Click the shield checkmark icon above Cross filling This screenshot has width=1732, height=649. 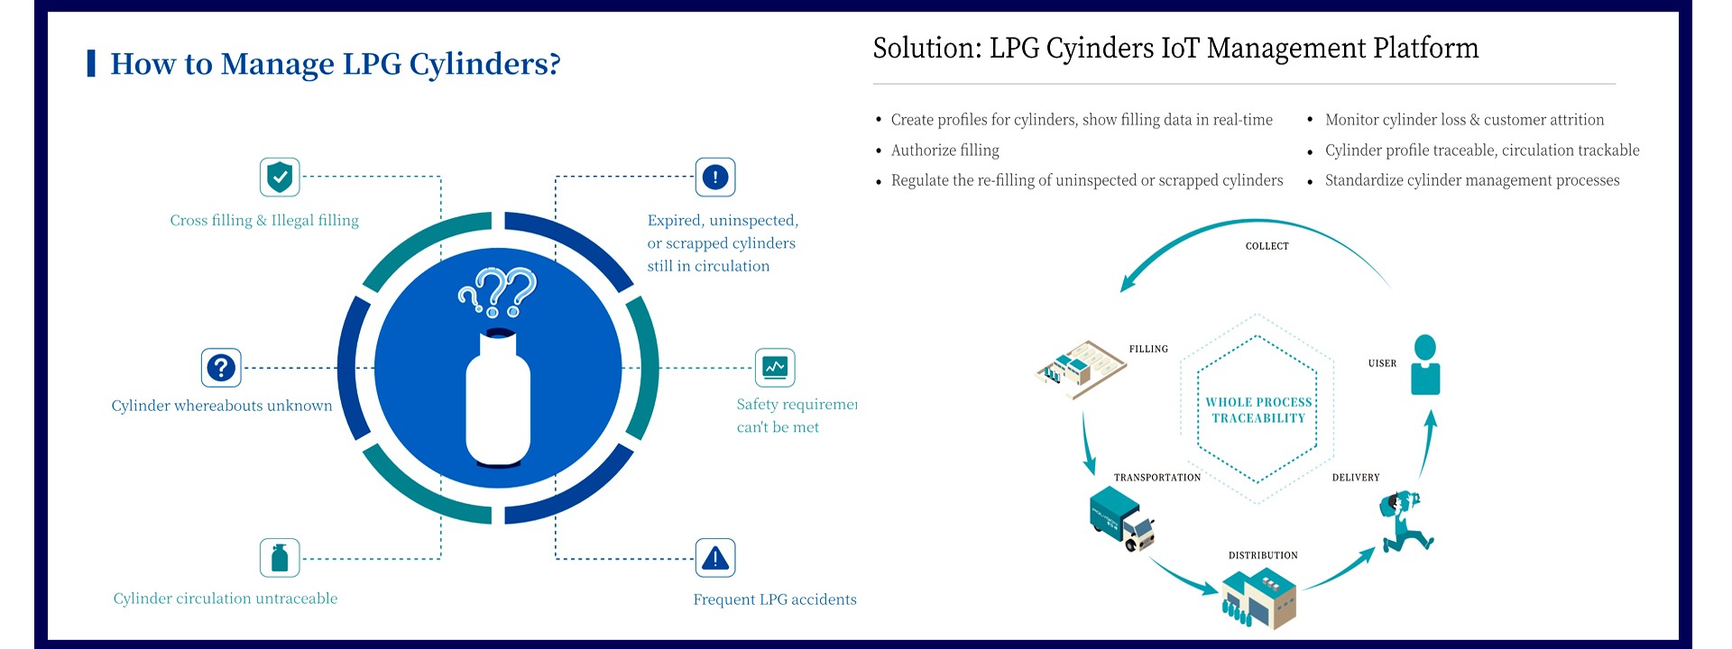[x=280, y=177]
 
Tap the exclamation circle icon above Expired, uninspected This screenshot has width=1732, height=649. [x=714, y=177]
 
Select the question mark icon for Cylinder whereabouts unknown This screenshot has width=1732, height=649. [x=221, y=368]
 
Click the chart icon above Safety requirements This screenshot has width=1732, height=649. [x=775, y=368]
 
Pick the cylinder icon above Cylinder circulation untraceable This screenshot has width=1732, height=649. [x=280, y=558]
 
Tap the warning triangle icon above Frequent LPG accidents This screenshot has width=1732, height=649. [x=714, y=558]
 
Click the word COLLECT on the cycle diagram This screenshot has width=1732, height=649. [x=1267, y=246]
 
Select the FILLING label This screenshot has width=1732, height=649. [x=1148, y=349]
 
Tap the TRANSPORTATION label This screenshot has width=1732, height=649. [x=1157, y=478]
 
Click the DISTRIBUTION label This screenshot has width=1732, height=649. [x=1263, y=555]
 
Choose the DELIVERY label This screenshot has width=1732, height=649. [x=1356, y=478]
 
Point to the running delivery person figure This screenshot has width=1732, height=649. [x=1404, y=521]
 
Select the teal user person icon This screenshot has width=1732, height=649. [x=1425, y=364]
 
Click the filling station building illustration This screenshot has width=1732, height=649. [x=1081, y=367]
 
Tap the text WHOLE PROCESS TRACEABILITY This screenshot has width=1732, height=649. [x=1258, y=410]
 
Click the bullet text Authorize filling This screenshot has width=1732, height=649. [x=944, y=151]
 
